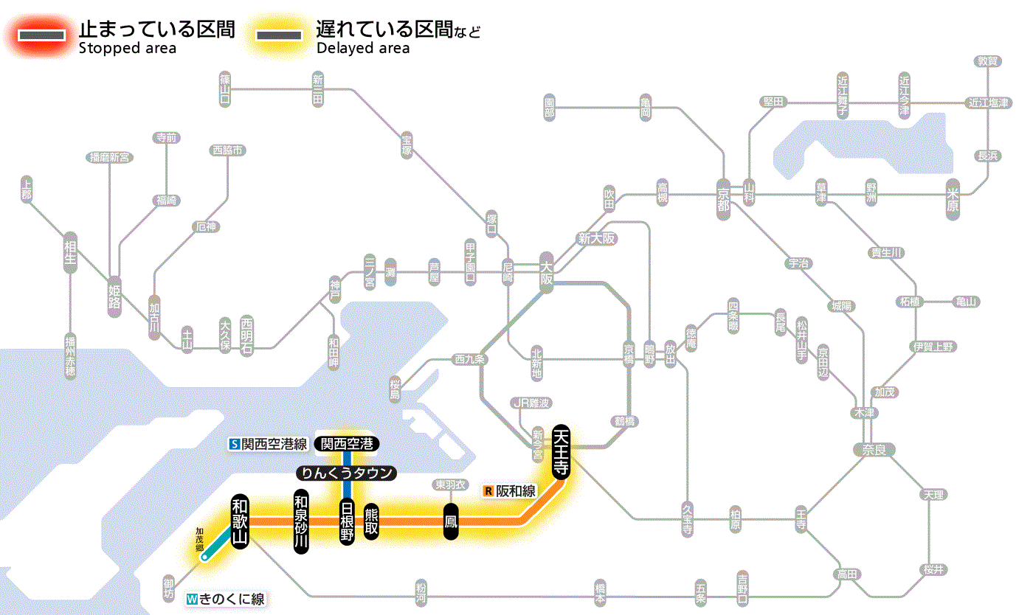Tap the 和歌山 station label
click(x=240, y=521)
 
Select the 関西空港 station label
click(x=347, y=444)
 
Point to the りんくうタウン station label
click(x=347, y=473)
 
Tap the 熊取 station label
click(x=371, y=521)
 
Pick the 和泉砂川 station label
click(x=300, y=521)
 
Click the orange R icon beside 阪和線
click(x=488, y=490)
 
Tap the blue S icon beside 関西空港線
click(x=235, y=444)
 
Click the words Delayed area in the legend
click(x=362, y=48)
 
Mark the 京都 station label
click(x=723, y=196)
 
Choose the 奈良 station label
click(x=874, y=449)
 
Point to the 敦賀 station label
click(x=987, y=61)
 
